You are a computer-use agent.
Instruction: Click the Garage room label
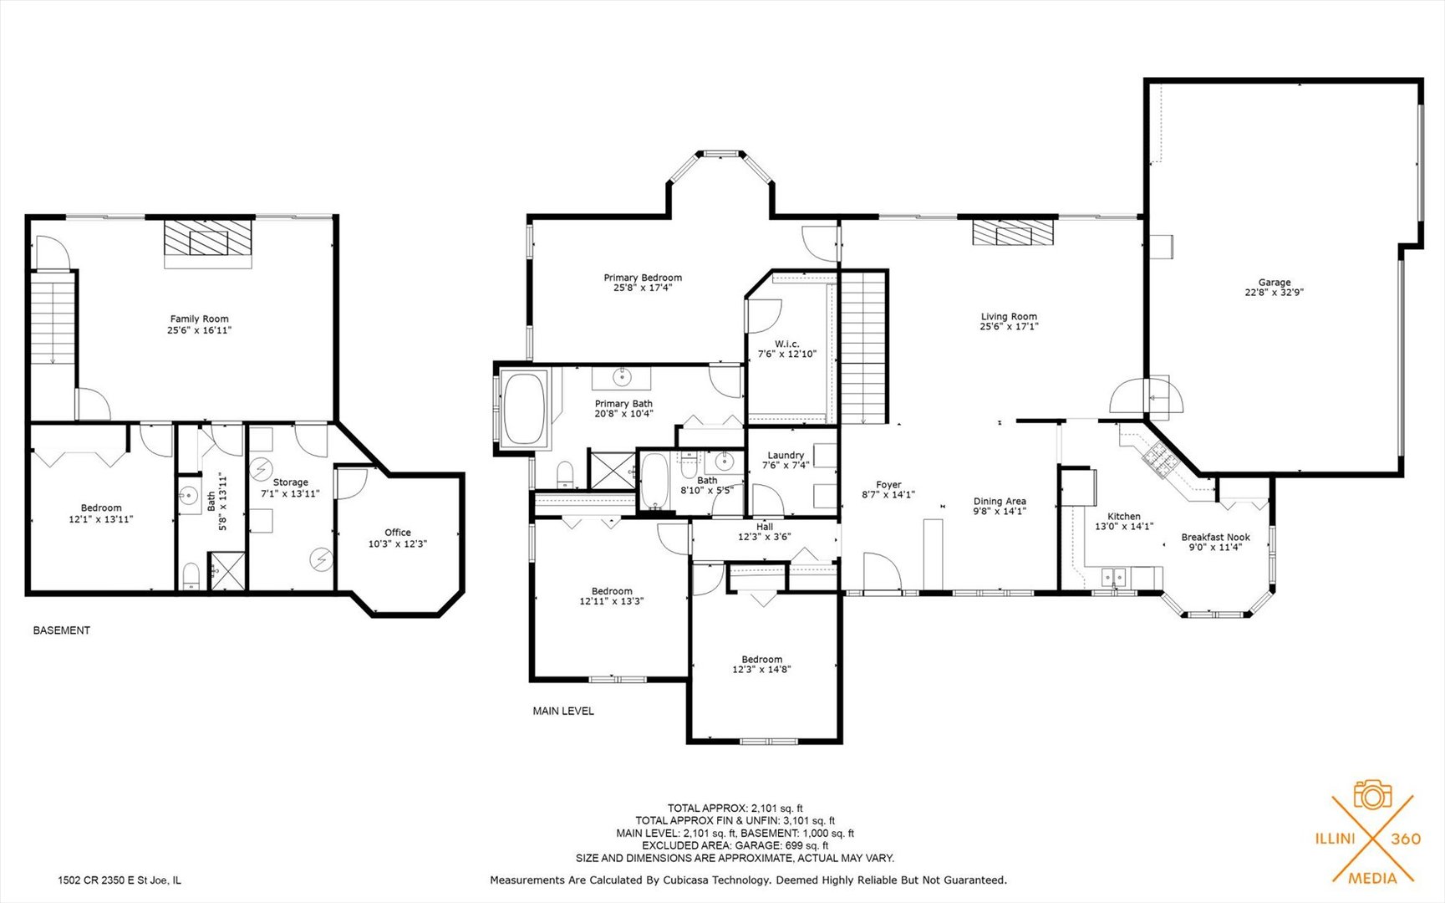coord(1274,288)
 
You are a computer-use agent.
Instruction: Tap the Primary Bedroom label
coord(643,282)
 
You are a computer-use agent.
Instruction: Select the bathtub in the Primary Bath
coord(524,408)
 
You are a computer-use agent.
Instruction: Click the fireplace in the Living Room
coord(1013,232)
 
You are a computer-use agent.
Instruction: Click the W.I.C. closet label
coord(786,349)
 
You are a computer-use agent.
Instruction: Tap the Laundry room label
coord(786,460)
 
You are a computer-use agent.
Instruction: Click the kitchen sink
coord(1112,577)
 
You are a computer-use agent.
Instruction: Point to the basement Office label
coord(398,538)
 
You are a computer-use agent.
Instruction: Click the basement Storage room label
coord(290,487)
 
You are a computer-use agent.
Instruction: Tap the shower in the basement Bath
coord(226,571)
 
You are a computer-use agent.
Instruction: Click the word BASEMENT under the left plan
coord(61,630)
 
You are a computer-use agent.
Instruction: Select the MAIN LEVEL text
coord(563,711)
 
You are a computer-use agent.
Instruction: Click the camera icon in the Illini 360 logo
coord(1372,794)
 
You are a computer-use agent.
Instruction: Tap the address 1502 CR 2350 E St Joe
coord(119,880)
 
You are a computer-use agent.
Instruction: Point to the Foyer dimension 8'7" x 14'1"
coord(888,495)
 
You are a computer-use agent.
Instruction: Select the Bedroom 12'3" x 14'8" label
coord(761,664)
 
